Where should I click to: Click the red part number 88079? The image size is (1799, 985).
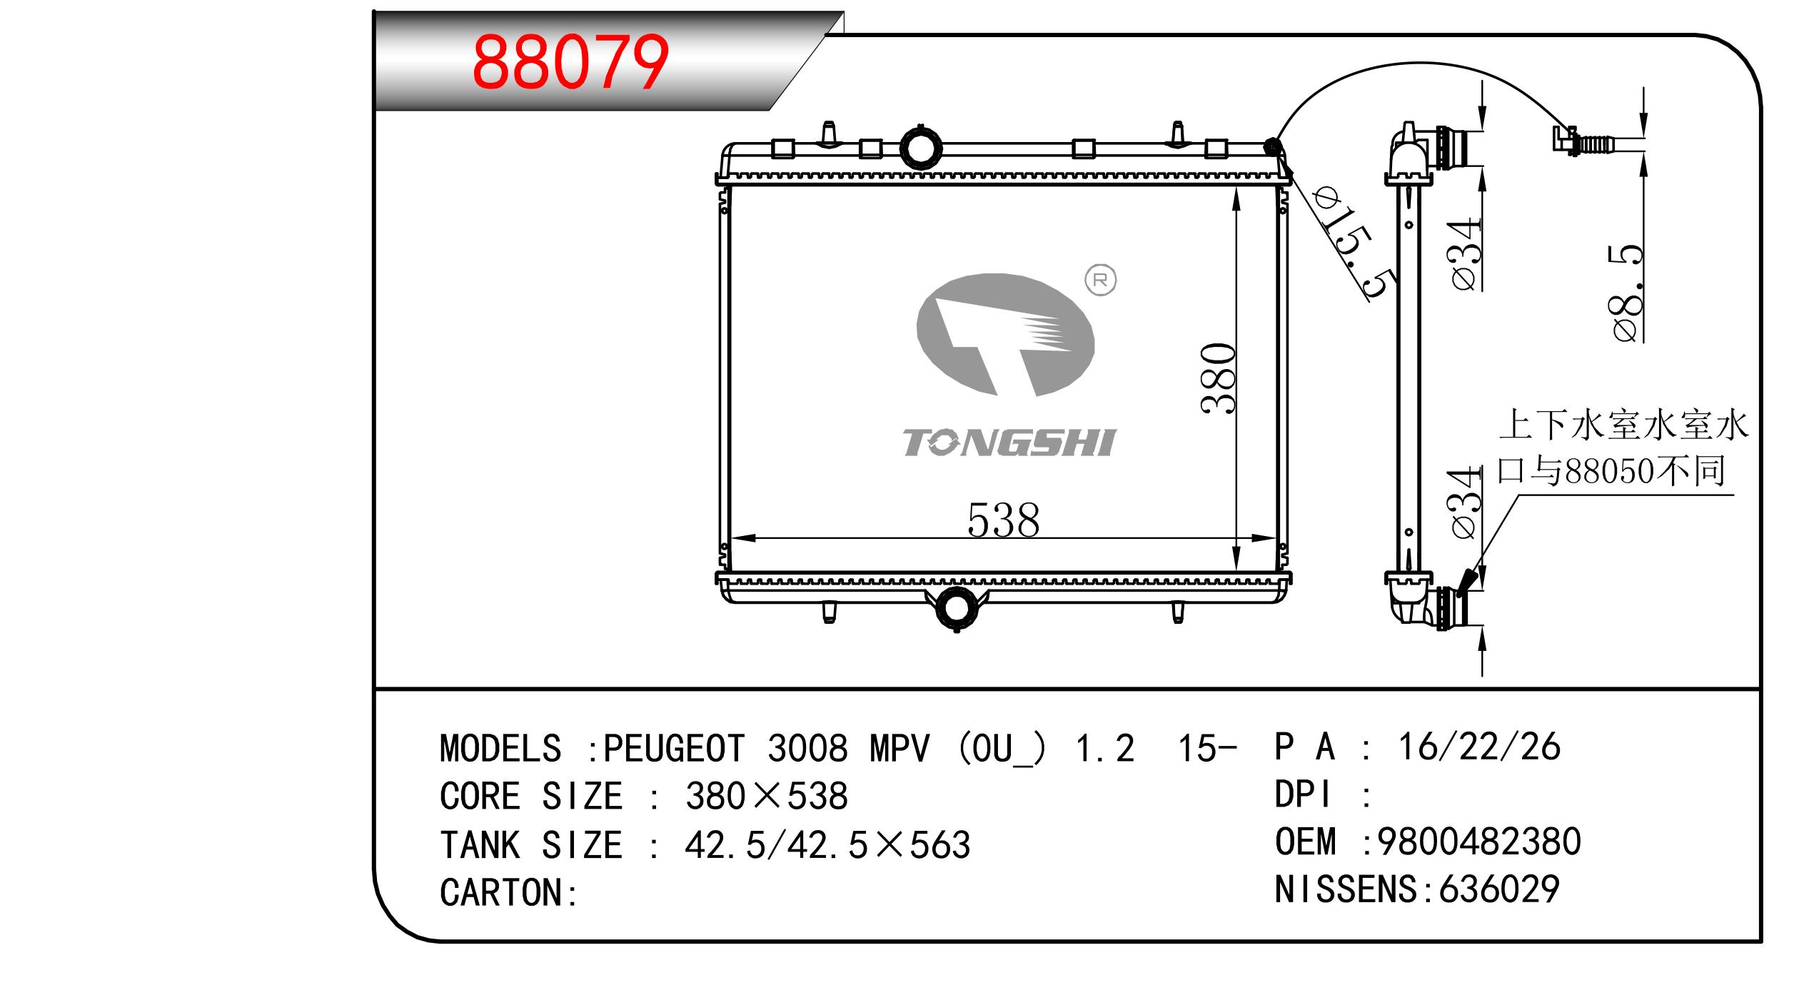pos(570,62)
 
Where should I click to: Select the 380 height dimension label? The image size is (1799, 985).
pos(1218,378)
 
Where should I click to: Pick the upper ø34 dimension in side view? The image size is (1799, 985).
pos(1466,255)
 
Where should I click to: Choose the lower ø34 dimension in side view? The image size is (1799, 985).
pos(1466,504)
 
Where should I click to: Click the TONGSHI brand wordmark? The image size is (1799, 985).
pos(1009,443)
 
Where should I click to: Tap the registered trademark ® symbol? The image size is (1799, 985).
pos(1100,281)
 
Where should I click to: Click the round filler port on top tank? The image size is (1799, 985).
pos(921,148)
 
